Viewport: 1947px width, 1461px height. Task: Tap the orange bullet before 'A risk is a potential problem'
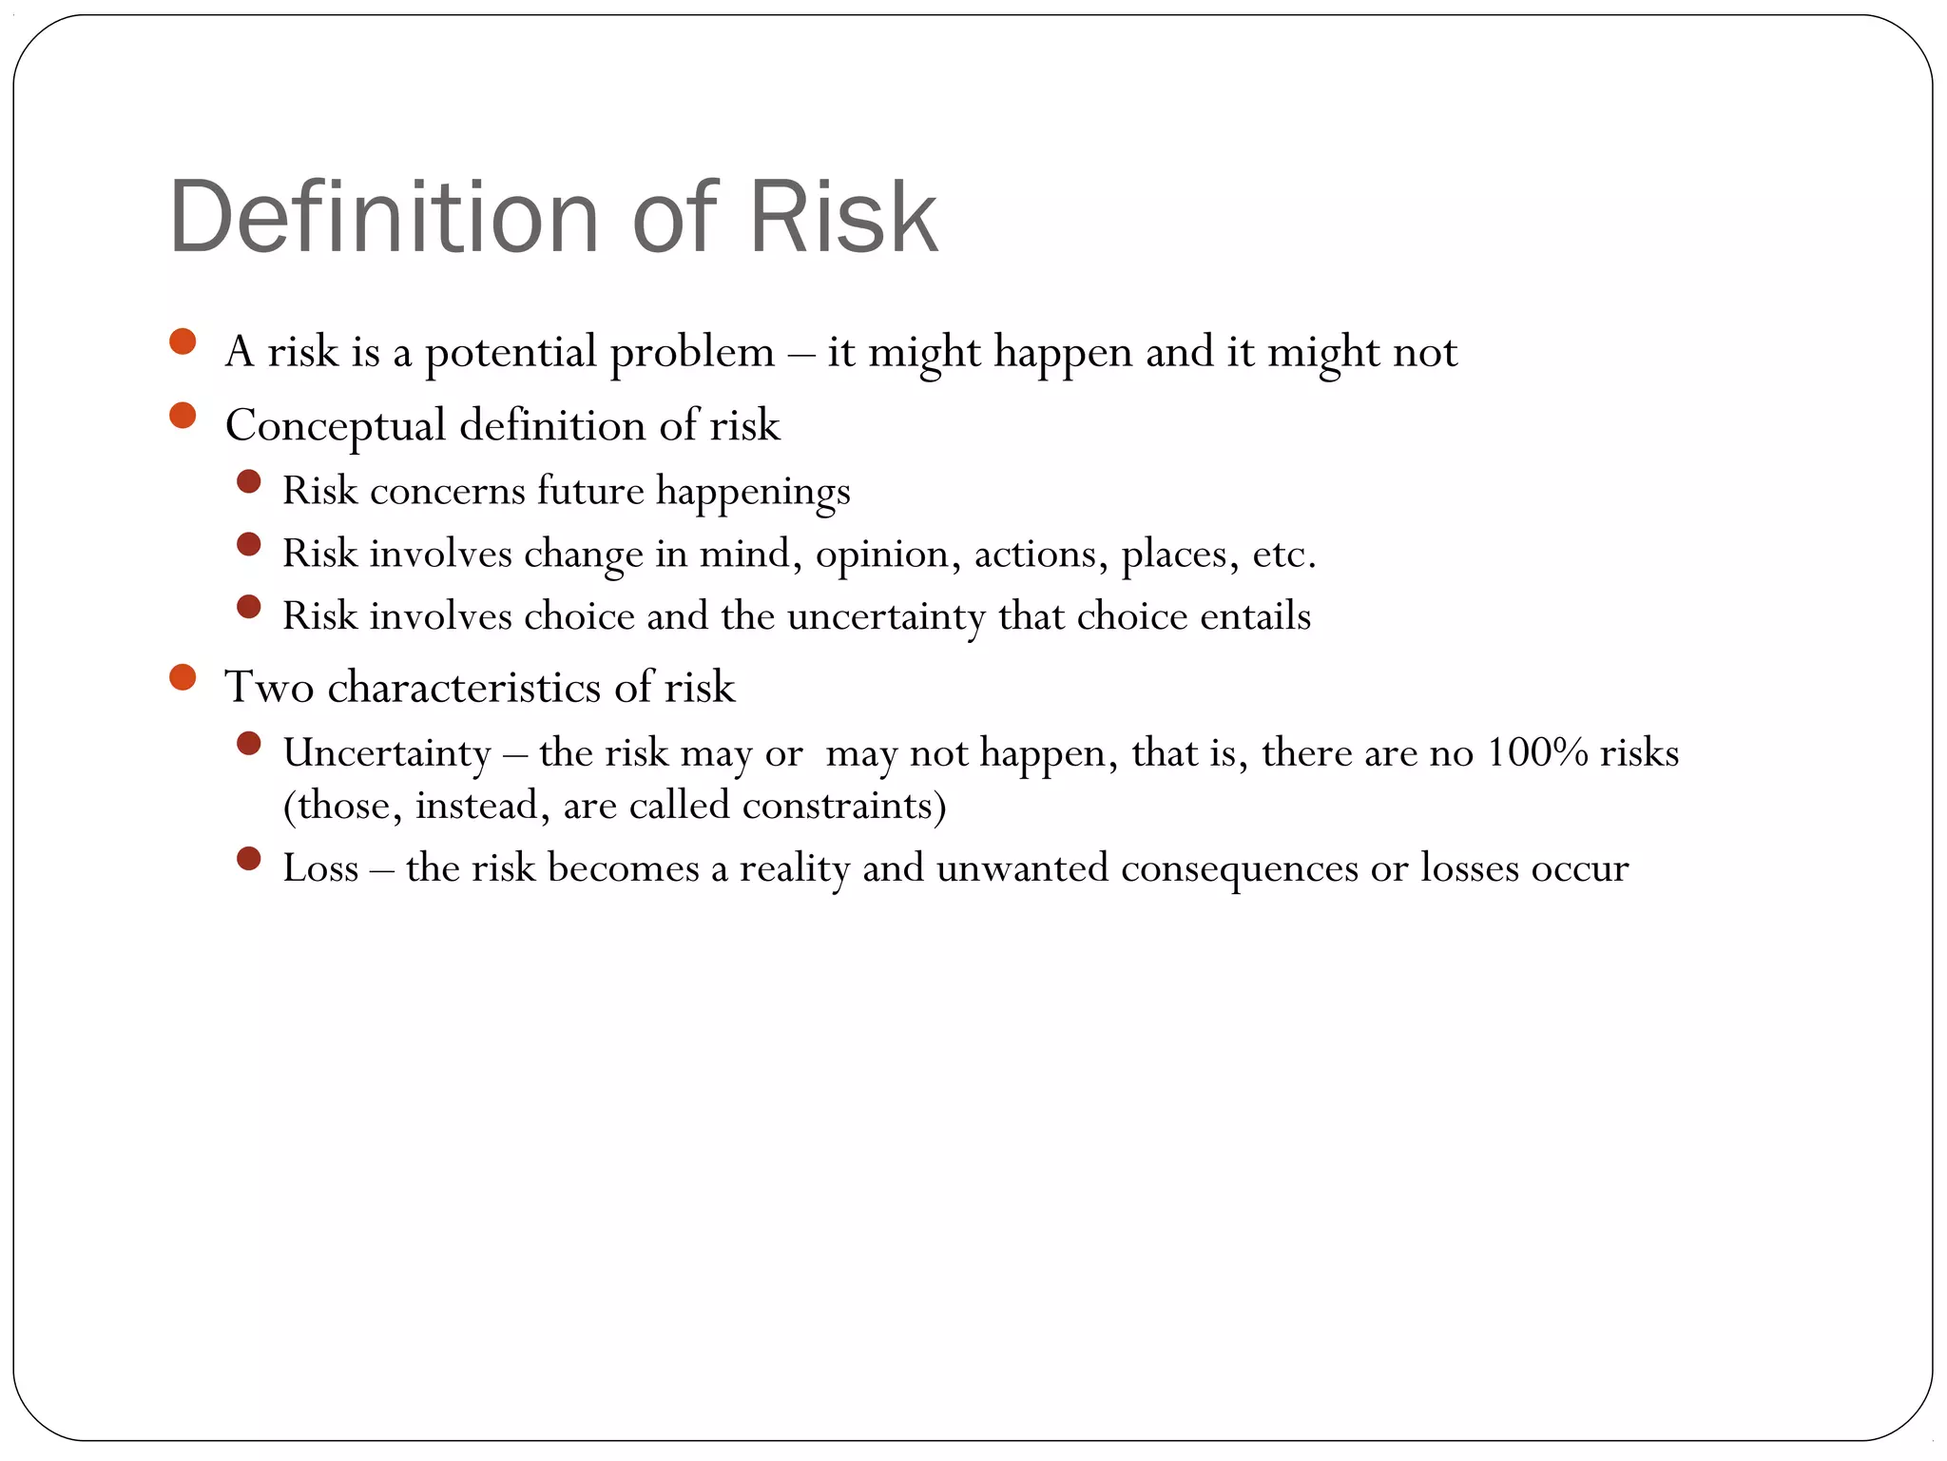(182, 341)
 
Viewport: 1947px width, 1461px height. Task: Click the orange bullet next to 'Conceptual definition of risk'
(182, 416)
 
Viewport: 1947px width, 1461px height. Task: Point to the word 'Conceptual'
(335, 426)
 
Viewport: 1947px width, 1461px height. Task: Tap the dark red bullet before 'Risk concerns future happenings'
(248, 482)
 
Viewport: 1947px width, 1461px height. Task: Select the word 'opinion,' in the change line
(888, 555)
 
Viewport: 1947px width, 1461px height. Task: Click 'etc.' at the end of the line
(1283, 555)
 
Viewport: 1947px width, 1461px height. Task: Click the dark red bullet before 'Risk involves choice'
(248, 607)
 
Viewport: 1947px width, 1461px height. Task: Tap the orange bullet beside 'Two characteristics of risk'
(182, 678)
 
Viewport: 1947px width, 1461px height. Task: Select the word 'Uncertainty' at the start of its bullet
(387, 753)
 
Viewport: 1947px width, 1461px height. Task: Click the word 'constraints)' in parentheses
(843, 806)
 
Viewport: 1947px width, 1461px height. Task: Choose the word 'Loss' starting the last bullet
(320, 868)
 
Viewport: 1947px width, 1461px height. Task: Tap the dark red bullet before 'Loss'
(248, 860)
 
